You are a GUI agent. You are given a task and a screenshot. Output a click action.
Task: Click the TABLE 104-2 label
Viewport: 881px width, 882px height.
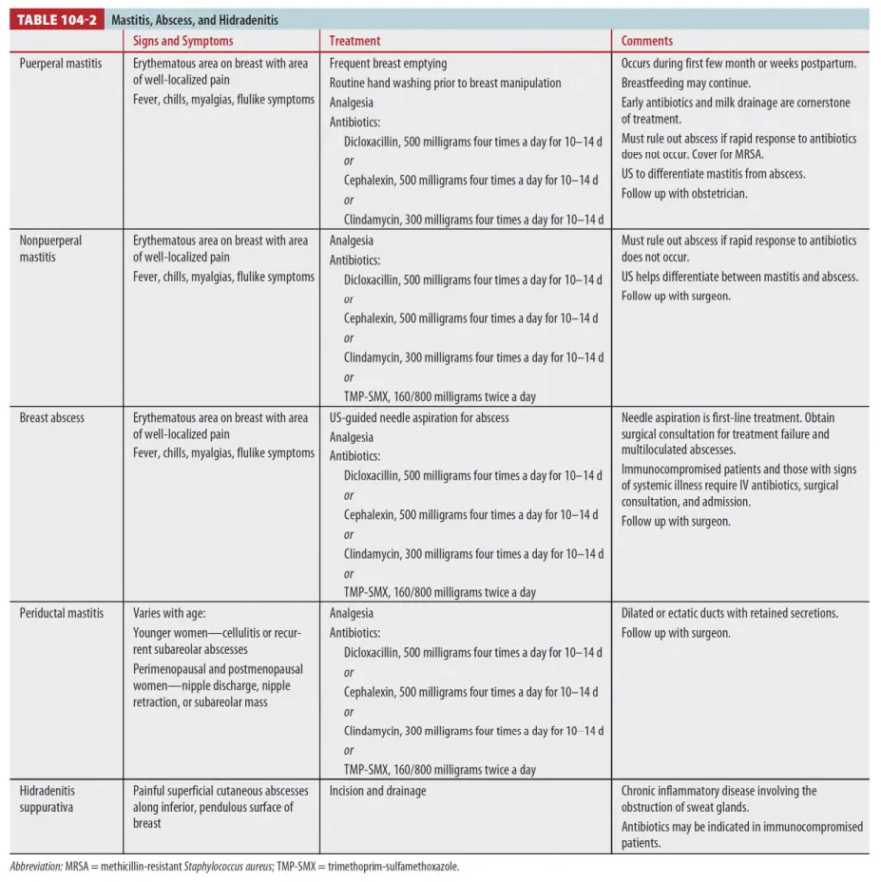tap(58, 19)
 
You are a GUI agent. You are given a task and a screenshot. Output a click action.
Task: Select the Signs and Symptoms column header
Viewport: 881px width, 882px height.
tap(182, 41)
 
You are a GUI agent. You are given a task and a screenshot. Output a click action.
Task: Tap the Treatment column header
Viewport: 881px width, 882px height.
tap(354, 41)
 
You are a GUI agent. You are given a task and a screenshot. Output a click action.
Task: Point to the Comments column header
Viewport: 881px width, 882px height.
tap(646, 41)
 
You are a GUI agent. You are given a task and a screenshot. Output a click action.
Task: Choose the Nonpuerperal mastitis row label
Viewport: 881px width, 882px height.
tap(51, 248)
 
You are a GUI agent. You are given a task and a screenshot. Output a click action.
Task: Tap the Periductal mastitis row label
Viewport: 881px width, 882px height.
tap(62, 613)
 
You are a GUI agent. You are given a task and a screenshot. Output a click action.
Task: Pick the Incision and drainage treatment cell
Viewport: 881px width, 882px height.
tap(377, 791)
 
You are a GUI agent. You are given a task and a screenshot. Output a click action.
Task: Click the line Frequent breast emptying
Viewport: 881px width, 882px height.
tap(388, 64)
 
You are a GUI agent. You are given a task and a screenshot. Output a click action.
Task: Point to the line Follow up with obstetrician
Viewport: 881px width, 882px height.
tap(684, 194)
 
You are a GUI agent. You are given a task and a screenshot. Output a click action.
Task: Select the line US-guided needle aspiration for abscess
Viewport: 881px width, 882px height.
tap(419, 417)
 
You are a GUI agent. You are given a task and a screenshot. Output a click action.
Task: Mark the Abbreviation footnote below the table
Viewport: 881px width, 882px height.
tap(235, 867)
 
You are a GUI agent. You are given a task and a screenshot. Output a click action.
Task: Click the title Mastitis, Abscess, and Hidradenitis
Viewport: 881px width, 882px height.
tap(194, 19)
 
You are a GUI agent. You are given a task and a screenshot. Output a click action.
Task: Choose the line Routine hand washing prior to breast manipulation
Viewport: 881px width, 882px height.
tap(445, 83)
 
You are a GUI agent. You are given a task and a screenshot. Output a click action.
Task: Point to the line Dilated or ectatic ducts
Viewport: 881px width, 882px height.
tap(729, 613)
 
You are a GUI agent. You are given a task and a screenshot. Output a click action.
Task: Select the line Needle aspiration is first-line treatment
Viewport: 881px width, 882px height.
tap(728, 417)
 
